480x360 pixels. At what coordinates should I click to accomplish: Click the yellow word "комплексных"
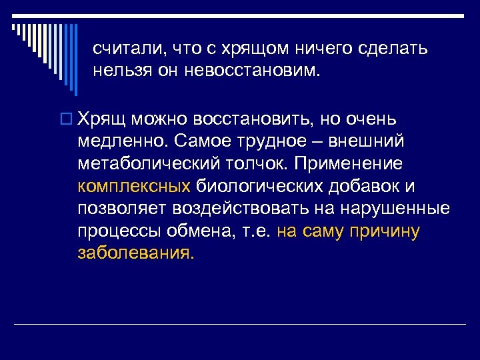point(134,186)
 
